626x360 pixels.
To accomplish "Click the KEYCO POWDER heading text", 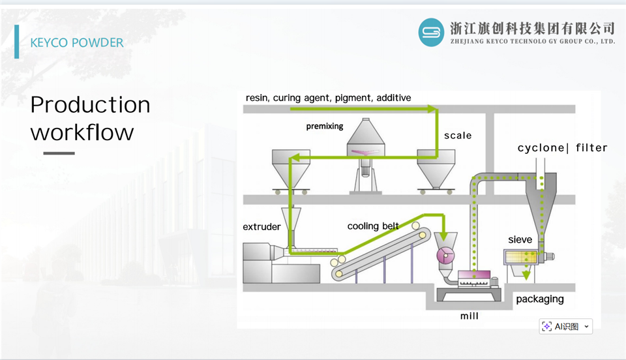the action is point(77,42).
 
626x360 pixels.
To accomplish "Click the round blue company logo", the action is point(431,33).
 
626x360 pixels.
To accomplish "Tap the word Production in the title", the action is point(90,105).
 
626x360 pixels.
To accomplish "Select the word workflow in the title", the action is point(82,132).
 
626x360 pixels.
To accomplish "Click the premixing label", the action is point(325,127).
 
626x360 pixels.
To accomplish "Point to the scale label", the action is point(458,136).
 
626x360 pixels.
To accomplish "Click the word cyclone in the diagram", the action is point(541,148).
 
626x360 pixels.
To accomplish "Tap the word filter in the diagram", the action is point(591,147).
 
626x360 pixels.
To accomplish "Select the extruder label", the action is point(261,227).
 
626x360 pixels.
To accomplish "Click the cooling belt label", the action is point(373,226).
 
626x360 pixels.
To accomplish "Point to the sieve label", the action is point(520,239).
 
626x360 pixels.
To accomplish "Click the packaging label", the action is point(540,299).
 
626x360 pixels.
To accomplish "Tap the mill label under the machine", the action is point(469,316).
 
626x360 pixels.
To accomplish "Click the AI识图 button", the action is point(566,327).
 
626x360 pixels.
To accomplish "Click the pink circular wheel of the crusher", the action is point(445,256).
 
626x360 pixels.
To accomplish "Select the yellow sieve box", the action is point(520,256).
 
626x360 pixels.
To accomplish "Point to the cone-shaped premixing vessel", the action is point(366,138).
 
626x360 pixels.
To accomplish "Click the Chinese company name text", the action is point(533,28).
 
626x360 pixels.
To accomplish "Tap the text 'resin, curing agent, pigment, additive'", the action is point(328,98).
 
